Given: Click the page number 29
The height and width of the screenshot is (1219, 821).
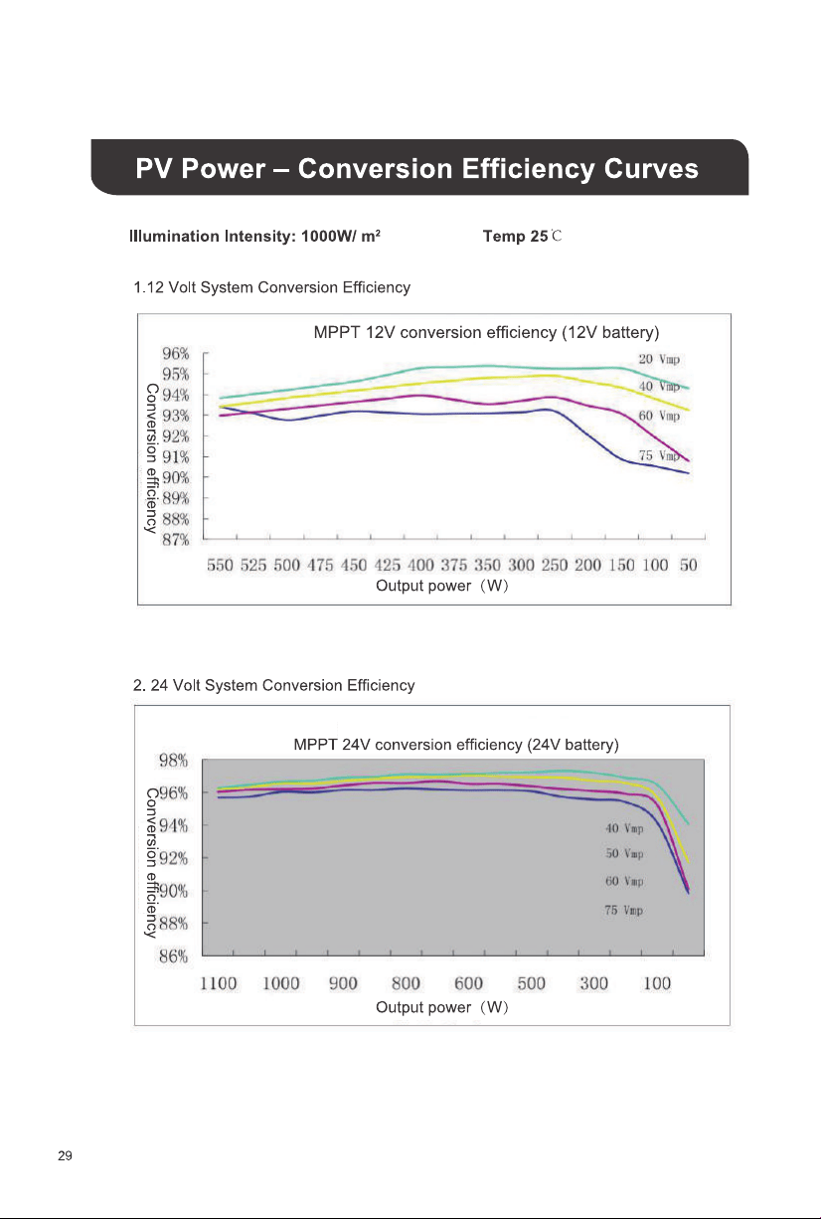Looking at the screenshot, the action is coord(65,1156).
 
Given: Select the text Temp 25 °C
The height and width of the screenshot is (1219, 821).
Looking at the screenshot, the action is coord(522,237).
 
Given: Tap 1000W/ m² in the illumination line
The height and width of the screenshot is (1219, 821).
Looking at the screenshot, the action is coord(341,237).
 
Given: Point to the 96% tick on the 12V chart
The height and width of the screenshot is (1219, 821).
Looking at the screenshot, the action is coord(176,354).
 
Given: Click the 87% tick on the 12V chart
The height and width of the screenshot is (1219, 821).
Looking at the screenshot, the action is coord(176,540).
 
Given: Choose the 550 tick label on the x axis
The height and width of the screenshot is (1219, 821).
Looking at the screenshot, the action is coord(220,565).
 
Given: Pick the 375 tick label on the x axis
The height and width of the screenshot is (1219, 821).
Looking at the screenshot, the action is coord(454,565).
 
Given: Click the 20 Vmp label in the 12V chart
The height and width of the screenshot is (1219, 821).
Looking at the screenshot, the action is coord(659,359).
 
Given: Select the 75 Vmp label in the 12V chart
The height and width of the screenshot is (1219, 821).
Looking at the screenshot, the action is coord(659,455).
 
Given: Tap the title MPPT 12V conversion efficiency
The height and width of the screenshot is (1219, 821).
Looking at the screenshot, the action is coord(486,332).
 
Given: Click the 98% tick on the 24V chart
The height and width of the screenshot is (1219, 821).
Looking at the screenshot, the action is coord(173,761).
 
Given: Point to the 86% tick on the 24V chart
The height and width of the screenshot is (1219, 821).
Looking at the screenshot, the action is coord(173,957).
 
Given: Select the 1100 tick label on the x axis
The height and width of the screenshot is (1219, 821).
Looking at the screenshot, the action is coord(219,983).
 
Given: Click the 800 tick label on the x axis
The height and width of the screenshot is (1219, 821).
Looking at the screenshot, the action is coord(406,983).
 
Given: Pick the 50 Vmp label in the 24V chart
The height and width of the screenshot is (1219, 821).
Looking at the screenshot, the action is coord(624,853).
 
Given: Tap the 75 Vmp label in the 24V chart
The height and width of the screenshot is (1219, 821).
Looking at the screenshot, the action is coord(623,910).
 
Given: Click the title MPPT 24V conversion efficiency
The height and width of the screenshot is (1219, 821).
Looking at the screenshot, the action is coord(456,745).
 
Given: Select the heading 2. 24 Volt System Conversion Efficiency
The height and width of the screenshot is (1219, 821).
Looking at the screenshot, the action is coord(273,685).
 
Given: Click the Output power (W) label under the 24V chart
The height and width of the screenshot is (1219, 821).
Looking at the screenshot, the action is coord(442,1007).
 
